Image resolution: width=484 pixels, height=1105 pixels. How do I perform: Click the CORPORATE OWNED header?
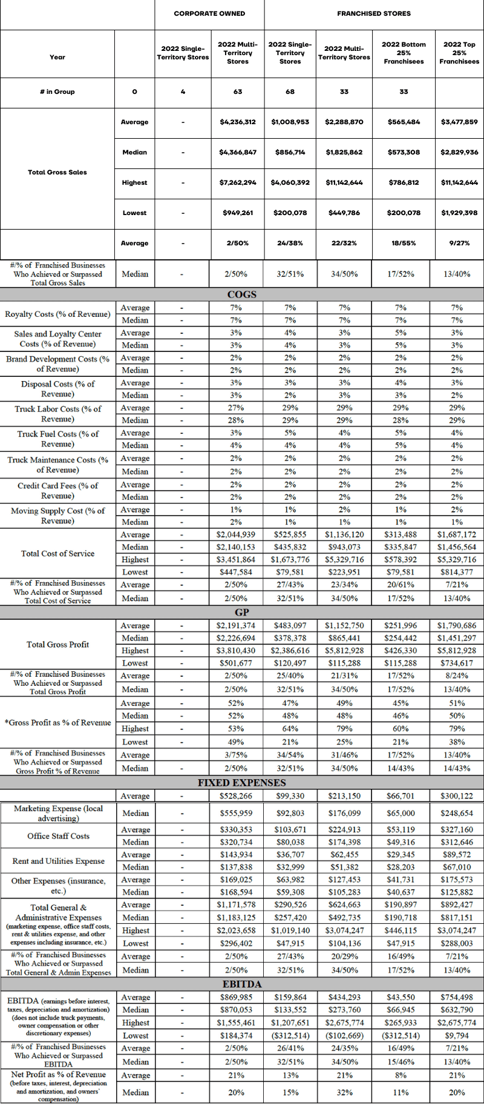click(209, 13)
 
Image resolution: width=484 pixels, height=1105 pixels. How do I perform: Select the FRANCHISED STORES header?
click(373, 13)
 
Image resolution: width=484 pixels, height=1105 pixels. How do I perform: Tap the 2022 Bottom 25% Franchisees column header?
click(404, 53)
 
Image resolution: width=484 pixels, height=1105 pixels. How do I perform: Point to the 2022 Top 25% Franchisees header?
click(459, 53)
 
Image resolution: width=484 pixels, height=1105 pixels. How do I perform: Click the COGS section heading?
click(242, 294)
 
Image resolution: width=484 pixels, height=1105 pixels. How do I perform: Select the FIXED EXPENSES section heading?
click(242, 783)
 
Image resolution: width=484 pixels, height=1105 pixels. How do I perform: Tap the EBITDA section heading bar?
click(242, 984)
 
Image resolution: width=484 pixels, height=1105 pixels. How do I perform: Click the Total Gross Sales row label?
click(57, 172)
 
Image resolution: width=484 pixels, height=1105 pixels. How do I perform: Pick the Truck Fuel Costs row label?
click(57, 439)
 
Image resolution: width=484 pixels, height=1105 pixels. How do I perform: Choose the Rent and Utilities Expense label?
click(58, 861)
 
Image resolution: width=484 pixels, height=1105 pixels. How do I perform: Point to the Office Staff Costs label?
click(58, 836)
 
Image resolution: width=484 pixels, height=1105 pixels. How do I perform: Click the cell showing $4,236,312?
click(238, 122)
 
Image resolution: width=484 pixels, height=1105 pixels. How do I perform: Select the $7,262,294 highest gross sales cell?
click(238, 182)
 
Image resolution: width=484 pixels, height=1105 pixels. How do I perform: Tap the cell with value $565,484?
click(404, 122)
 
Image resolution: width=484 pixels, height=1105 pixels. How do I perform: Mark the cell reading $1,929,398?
click(459, 213)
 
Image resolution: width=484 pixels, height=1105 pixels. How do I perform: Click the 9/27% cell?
click(459, 243)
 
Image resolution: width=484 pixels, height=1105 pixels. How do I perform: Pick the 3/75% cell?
click(236, 755)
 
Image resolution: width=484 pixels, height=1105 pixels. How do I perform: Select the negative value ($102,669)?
click(344, 1036)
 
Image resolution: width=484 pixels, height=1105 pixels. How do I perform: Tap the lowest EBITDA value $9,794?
click(457, 1036)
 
